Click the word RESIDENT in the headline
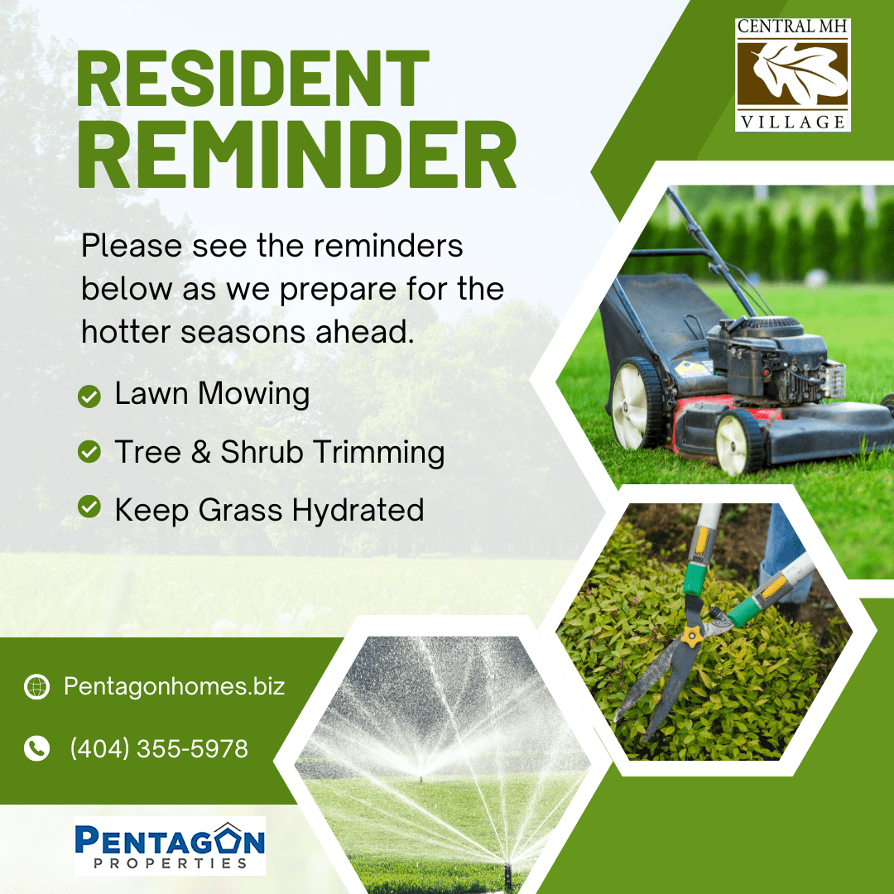tap(252, 79)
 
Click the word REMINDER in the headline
tap(296, 155)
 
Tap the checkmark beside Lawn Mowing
tap(89, 396)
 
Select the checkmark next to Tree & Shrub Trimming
tap(89, 452)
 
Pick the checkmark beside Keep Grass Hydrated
tap(89, 507)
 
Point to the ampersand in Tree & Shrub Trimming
tap(201, 452)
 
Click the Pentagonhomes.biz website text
tap(174, 686)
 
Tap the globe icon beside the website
tap(36, 686)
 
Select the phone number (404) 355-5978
tap(159, 748)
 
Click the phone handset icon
tap(36, 748)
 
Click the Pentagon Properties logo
tap(170, 845)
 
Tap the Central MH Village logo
tap(792, 74)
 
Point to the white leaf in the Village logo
tap(799, 74)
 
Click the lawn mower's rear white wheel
tap(637, 404)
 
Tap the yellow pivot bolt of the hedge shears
tap(691, 636)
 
